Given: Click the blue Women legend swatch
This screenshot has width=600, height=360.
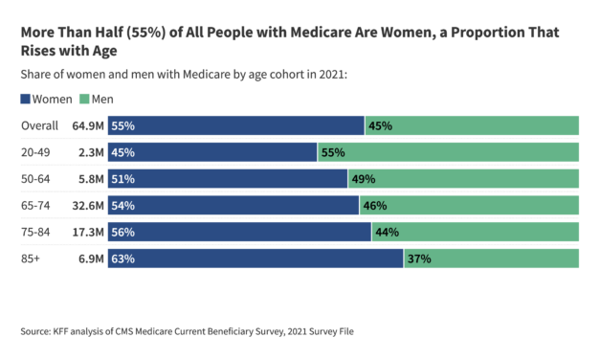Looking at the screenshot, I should coord(25,100).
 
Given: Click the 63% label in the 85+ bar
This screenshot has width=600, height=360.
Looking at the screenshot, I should coord(122,259).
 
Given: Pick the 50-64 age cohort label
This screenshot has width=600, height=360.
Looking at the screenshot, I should coord(36,179).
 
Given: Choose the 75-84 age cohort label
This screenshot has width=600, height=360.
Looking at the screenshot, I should coord(36,232).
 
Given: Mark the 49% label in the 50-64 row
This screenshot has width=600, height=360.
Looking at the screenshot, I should coord(364,179).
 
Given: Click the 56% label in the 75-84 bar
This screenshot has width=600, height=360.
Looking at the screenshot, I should coord(122,232).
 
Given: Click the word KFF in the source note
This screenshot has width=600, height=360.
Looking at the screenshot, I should coord(64,331).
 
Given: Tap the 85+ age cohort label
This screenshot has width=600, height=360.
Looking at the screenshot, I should coord(32,259).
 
